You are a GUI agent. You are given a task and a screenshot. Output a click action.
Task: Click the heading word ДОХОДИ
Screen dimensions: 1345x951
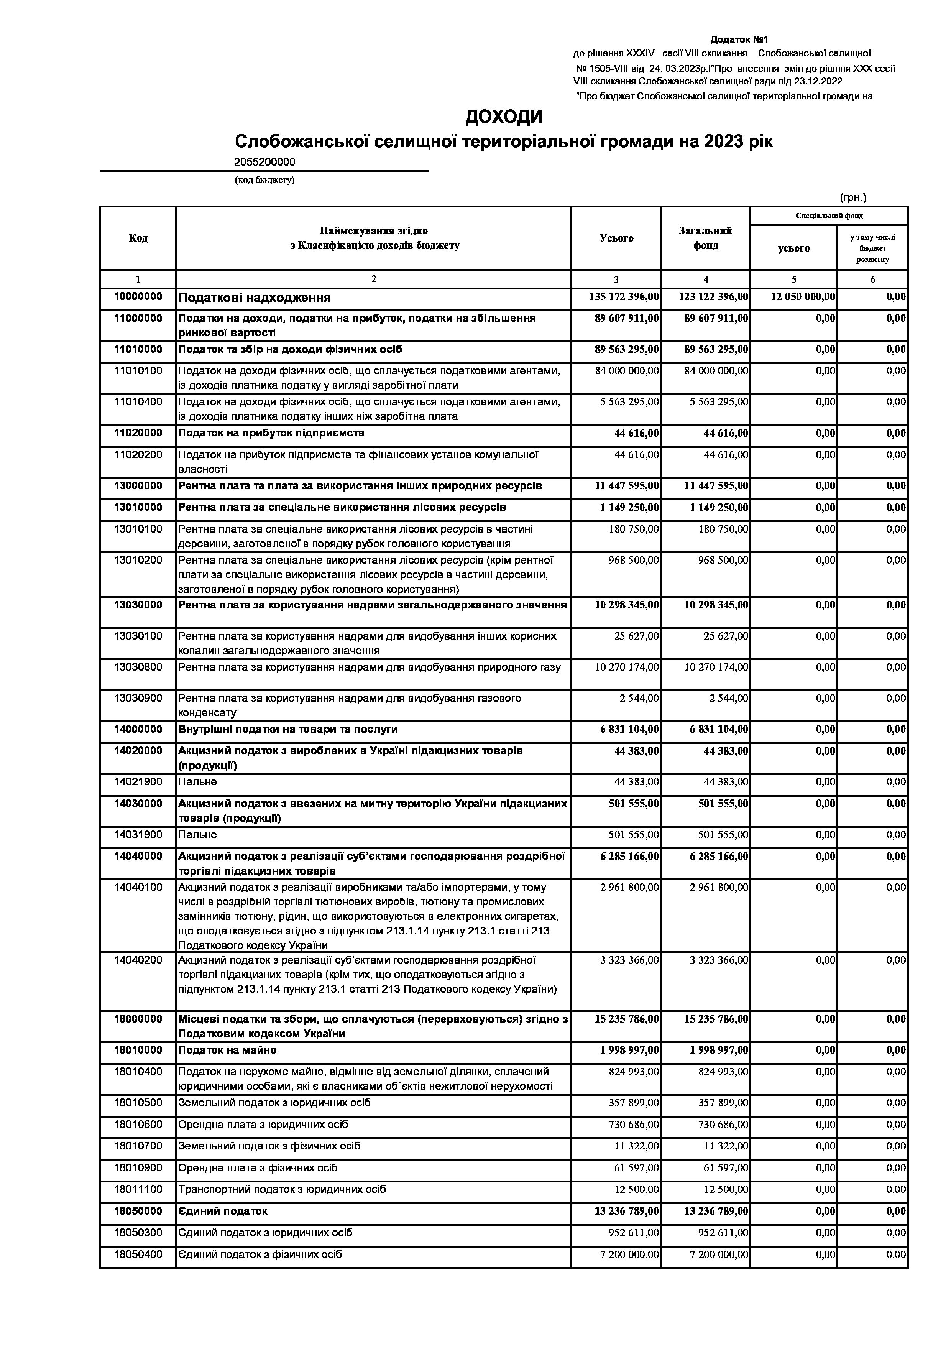[504, 117]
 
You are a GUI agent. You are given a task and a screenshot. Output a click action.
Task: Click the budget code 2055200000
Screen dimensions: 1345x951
[265, 162]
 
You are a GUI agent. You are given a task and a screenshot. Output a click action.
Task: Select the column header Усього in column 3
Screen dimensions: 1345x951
[616, 238]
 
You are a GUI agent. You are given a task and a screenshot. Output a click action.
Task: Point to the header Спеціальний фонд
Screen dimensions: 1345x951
[829, 215]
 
